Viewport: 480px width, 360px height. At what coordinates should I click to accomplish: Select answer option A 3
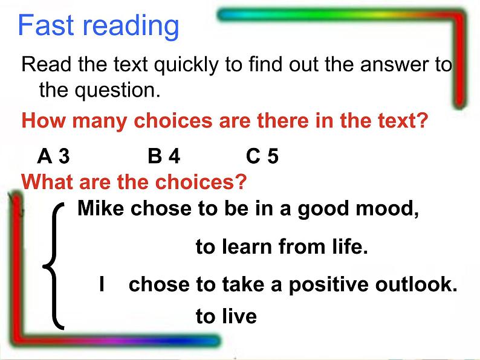(x=53, y=156)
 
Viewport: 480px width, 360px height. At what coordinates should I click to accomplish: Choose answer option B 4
(x=164, y=156)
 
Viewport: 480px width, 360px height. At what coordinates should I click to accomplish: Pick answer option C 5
(x=262, y=156)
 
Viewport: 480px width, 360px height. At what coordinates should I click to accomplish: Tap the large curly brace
(x=54, y=266)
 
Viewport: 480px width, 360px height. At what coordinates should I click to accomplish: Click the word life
(x=351, y=246)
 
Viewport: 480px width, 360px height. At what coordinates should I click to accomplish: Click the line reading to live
(x=226, y=316)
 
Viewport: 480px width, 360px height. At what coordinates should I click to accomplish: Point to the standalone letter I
(x=103, y=284)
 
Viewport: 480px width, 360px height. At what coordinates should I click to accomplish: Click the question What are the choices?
(x=134, y=181)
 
